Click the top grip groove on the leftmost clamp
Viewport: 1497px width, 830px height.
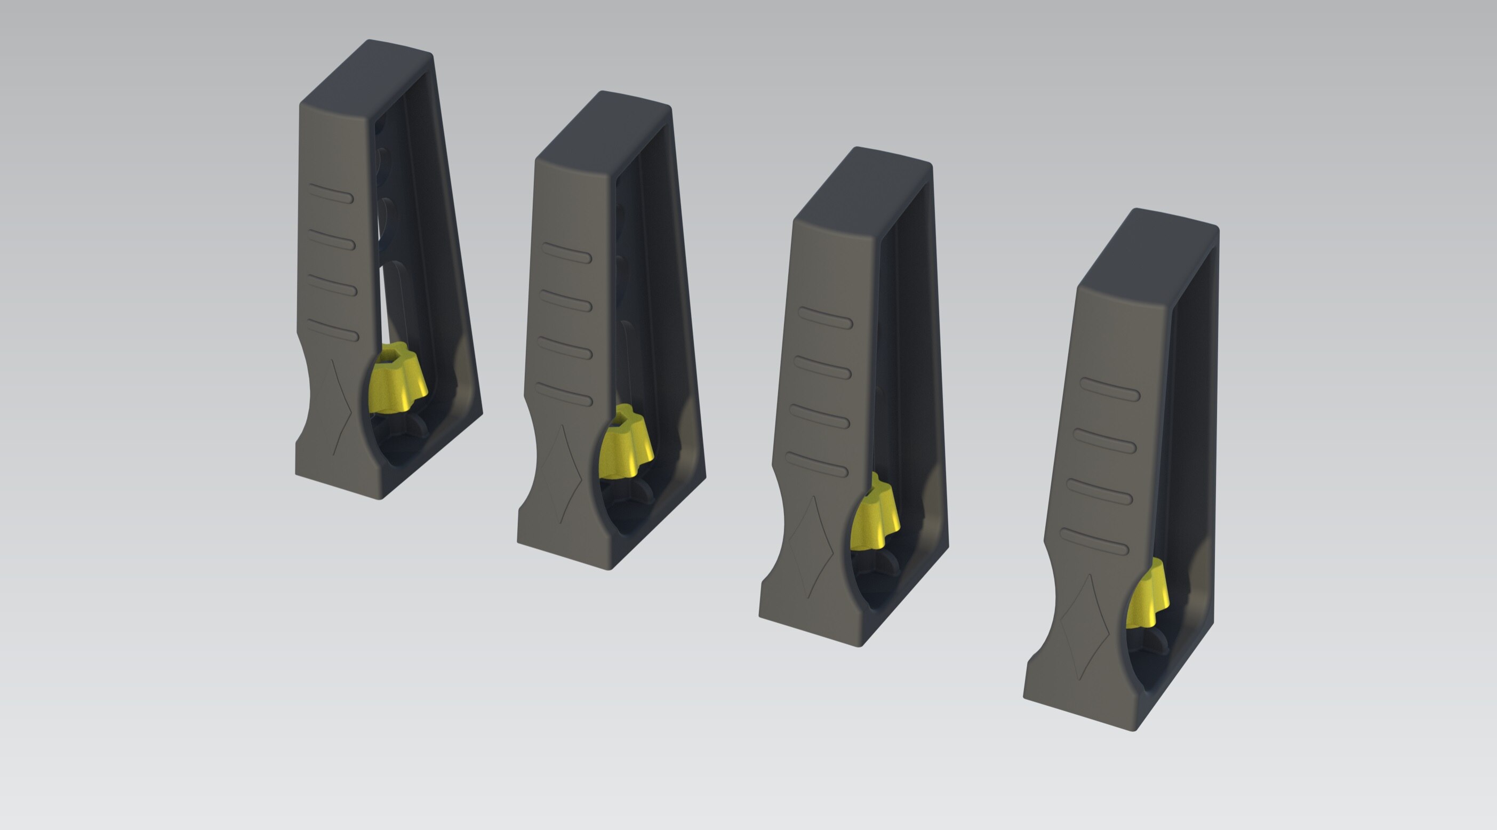pos(331,194)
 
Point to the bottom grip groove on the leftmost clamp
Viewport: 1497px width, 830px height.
pos(333,330)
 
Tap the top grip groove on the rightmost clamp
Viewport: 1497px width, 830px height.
pos(1110,389)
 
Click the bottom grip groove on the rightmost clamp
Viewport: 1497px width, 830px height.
pos(1094,541)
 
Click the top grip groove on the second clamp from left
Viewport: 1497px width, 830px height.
pos(566,253)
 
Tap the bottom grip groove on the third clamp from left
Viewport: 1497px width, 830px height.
pos(816,465)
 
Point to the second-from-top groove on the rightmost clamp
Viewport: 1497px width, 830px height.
pos(1104,441)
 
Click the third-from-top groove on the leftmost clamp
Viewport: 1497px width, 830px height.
pos(332,285)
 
